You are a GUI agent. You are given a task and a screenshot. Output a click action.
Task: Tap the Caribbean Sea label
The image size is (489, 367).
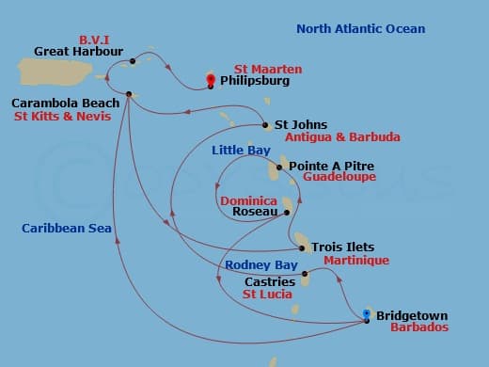point(67,229)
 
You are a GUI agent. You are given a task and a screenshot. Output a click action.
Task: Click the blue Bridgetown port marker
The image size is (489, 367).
point(366,313)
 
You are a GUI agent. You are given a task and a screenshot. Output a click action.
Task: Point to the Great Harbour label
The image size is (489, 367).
point(73,52)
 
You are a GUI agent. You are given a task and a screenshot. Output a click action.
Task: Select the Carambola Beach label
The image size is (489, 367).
point(65,103)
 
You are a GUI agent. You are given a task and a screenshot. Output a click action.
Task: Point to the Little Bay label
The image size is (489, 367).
point(241,151)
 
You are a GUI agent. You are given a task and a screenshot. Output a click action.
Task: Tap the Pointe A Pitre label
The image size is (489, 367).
point(328,166)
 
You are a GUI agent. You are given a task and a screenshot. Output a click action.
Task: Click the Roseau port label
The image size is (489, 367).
point(253,212)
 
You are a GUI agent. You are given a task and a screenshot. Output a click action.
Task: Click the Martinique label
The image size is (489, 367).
point(355,260)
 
